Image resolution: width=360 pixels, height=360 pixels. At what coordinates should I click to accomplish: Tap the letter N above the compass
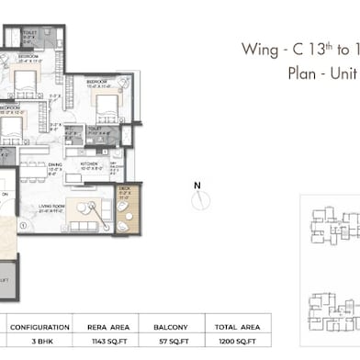(x=197, y=185)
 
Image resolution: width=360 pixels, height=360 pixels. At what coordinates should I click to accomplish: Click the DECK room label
(x=125, y=188)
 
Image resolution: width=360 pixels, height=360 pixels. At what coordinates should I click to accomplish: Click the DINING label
(x=55, y=166)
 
